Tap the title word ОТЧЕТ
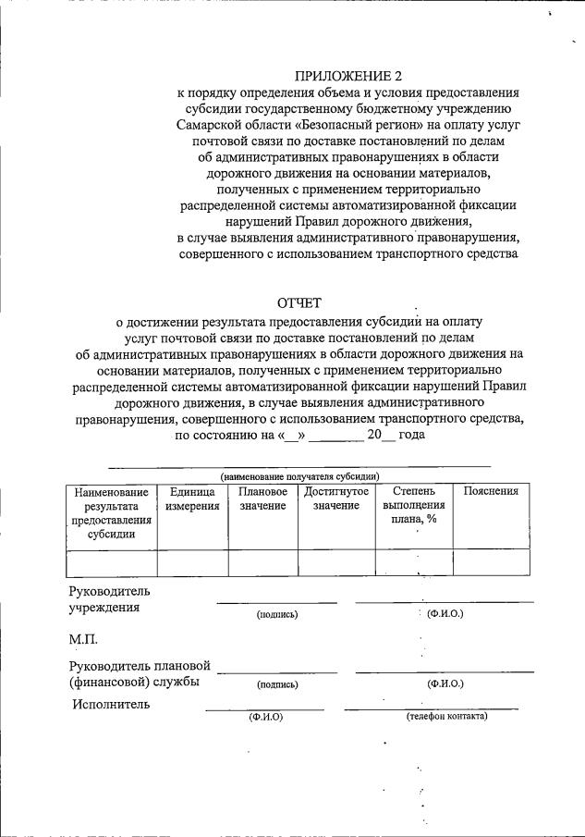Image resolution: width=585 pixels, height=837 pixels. click(x=301, y=304)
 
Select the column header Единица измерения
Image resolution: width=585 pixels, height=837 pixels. click(x=193, y=499)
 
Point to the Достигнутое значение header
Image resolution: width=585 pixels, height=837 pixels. click(x=335, y=499)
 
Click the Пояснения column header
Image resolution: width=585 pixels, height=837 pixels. click(x=491, y=492)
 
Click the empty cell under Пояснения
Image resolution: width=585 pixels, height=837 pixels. click(x=491, y=562)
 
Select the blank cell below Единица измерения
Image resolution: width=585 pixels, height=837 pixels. click(x=193, y=562)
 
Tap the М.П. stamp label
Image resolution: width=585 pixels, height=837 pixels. click(x=84, y=640)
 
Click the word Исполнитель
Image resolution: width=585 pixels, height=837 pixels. click(x=110, y=705)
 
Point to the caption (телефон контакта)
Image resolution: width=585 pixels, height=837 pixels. click(x=446, y=717)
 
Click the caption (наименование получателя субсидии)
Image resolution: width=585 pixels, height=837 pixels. click(x=299, y=475)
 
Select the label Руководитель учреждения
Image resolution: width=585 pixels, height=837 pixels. click(x=109, y=600)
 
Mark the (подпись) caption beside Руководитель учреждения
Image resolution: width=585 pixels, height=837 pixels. click(x=277, y=614)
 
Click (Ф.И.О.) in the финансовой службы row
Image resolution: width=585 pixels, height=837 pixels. click(x=445, y=684)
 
